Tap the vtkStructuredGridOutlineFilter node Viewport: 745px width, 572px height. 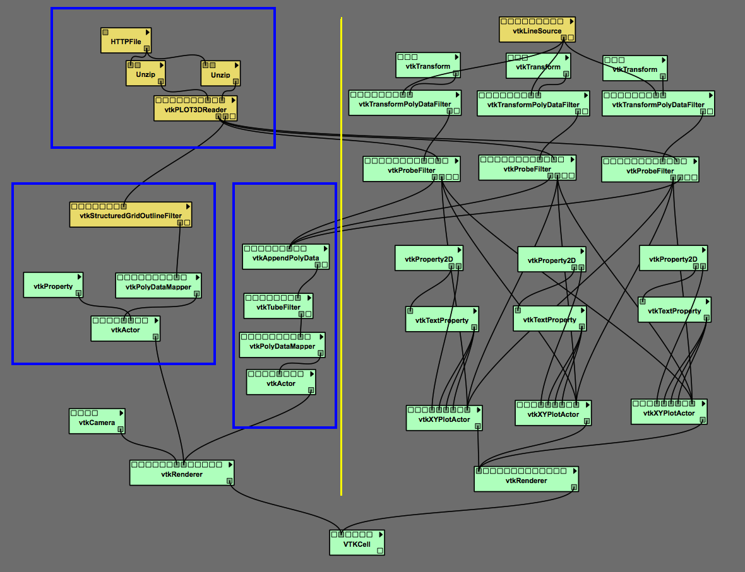pyautogui.click(x=130, y=216)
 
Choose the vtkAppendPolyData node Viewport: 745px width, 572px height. pyautogui.click(x=285, y=258)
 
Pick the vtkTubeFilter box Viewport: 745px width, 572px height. pyautogui.click(x=278, y=307)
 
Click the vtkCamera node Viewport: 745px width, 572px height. pyautogui.click(x=96, y=423)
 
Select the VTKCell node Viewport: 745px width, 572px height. pyautogui.click(x=357, y=544)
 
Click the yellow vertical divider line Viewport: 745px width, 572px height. pyautogui.click(x=341, y=252)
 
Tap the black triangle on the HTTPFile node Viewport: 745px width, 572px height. pyautogui.click(x=147, y=32)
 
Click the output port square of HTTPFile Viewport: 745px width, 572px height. pyautogui.click(x=146, y=48)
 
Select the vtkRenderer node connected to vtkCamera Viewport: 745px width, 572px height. pyautogui.click(x=181, y=474)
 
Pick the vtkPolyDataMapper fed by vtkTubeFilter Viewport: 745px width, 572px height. pyautogui.click(x=282, y=346)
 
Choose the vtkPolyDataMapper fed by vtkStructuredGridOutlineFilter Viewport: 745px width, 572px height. pyautogui.click(x=158, y=287)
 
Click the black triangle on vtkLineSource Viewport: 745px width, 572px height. pyautogui.click(x=571, y=21)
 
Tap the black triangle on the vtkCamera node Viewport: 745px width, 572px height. pyautogui.click(x=121, y=412)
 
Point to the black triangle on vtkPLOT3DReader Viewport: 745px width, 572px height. pyautogui.click(x=234, y=100)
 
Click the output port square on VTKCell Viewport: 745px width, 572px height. pyautogui.click(x=379, y=551)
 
